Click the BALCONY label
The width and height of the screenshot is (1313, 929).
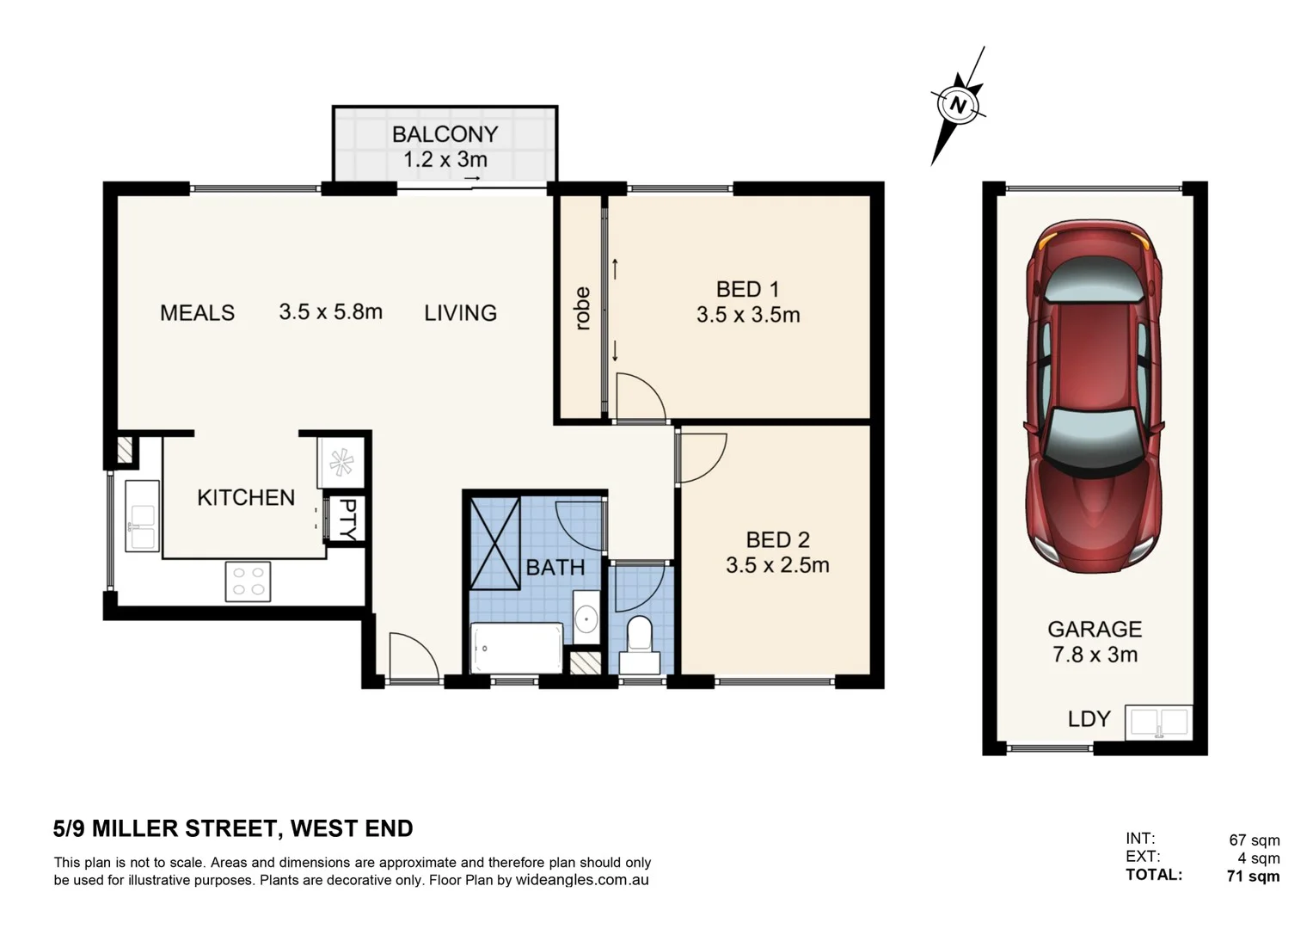[445, 134]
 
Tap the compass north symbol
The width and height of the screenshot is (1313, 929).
[957, 106]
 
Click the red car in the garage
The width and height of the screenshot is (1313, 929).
[1094, 396]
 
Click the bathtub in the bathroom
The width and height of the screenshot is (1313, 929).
[516, 649]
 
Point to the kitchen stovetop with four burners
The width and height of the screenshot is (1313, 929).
[248, 581]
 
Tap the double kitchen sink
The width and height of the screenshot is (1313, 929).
[142, 515]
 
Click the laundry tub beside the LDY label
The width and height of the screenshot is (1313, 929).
[1158, 723]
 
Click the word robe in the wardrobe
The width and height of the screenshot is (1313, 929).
[582, 309]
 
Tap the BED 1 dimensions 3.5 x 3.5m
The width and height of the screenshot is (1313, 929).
[748, 316]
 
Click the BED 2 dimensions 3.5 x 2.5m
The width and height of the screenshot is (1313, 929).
[777, 565]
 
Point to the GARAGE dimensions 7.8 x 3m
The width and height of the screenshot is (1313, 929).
[1095, 655]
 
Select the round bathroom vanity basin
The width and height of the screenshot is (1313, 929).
[586, 618]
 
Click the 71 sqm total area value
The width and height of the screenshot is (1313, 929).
[1253, 877]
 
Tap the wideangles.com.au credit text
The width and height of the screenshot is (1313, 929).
[581, 880]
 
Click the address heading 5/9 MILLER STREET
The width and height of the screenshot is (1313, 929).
[233, 828]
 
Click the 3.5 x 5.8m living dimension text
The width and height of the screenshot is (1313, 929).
[330, 311]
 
